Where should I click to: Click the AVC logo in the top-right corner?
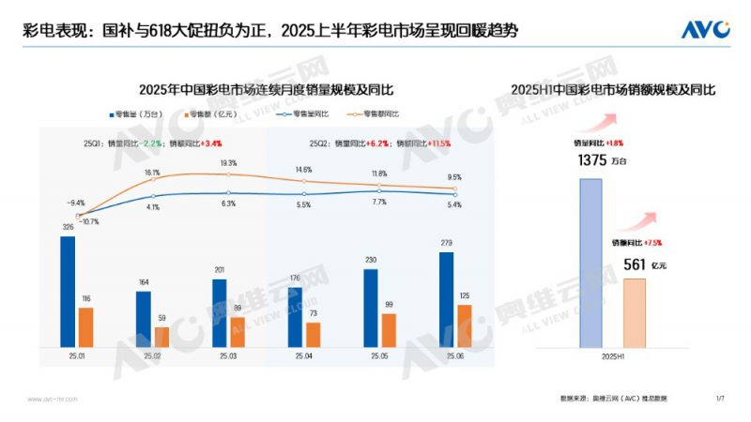point(706,29)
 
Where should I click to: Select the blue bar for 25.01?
point(68,292)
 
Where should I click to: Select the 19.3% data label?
point(229,163)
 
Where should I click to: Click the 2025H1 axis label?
point(614,357)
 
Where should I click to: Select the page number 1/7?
point(720,399)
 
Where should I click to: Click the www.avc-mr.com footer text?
point(46,399)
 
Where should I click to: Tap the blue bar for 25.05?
point(371,309)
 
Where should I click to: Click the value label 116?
point(85,297)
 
